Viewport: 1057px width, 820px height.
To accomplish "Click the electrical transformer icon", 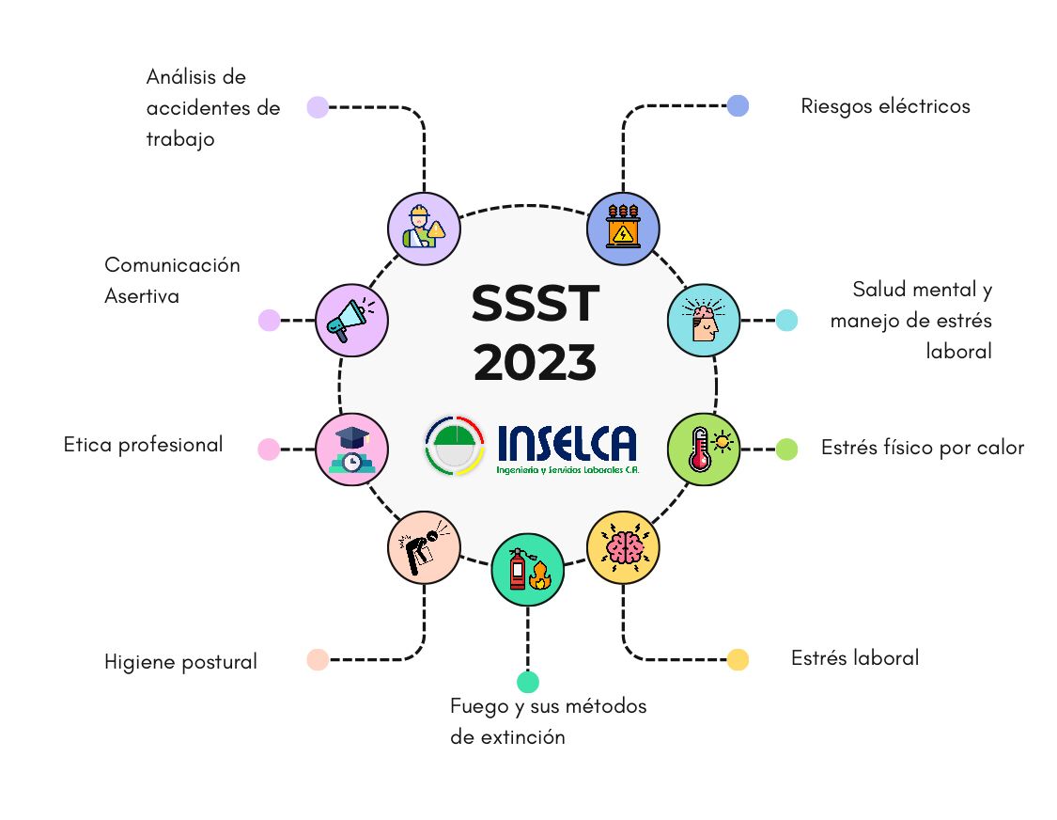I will pyautogui.click(x=622, y=229).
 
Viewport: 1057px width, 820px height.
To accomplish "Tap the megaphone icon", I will pyautogui.click(x=351, y=320).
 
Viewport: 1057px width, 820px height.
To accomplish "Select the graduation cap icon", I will pyautogui.click(x=351, y=449).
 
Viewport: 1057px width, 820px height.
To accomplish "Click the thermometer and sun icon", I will pyautogui.click(x=703, y=449).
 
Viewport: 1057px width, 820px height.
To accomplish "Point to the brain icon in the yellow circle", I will pyautogui.click(x=622, y=547).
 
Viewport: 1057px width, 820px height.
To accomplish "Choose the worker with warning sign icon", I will pyautogui.click(x=424, y=229).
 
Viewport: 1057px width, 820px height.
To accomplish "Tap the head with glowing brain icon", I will pyautogui.click(x=703, y=320).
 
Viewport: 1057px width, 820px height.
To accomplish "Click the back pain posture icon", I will pyautogui.click(x=424, y=547).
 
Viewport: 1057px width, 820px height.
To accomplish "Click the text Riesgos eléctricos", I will pyautogui.click(x=885, y=106).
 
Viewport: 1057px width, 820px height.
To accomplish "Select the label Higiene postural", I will pyautogui.click(x=180, y=662).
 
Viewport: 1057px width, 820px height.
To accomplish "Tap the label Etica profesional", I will pyautogui.click(x=143, y=445).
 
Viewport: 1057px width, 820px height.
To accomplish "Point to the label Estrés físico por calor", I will pyautogui.click(x=922, y=448).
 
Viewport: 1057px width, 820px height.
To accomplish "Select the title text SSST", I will pyautogui.click(x=535, y=304).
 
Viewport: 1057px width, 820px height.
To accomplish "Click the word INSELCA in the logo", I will pyautogui.click(x=566, y=443).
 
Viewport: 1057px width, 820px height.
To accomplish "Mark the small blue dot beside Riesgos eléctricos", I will pyautogui.click(x=738, y=105).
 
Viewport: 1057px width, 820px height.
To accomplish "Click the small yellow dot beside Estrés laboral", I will pyautogui.click(x=738, y=659).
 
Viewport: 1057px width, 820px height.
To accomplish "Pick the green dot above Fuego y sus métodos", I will pyautogui.click(x=528, y=682).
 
